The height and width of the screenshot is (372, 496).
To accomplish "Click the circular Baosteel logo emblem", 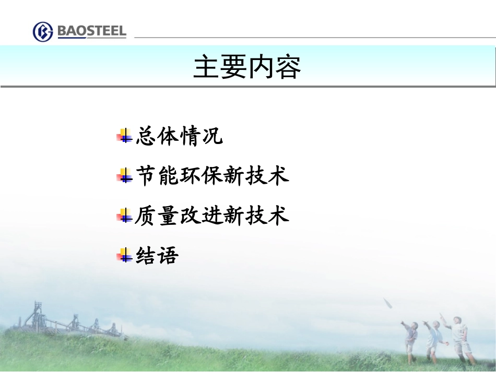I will click(43, 31).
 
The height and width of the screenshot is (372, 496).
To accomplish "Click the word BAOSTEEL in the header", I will click(91, 31).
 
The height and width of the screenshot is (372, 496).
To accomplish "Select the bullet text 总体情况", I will click(179, 136).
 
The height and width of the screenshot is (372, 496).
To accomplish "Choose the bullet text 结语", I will click(157, 255).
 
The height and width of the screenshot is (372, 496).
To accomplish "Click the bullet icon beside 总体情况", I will click(124, 137).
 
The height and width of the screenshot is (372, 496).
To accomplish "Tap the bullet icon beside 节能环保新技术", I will click(124, 176).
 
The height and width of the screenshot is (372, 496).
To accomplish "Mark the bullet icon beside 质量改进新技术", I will click(124, 216).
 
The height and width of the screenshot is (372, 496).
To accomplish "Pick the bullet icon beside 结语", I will click(124, 256).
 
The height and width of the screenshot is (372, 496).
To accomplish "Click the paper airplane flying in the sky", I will click(388, 304).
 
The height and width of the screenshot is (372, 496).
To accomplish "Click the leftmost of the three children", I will click(411, 338).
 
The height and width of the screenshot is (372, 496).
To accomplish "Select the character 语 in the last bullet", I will click(168, 255).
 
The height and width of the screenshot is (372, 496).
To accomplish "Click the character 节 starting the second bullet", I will click(146, 176).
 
